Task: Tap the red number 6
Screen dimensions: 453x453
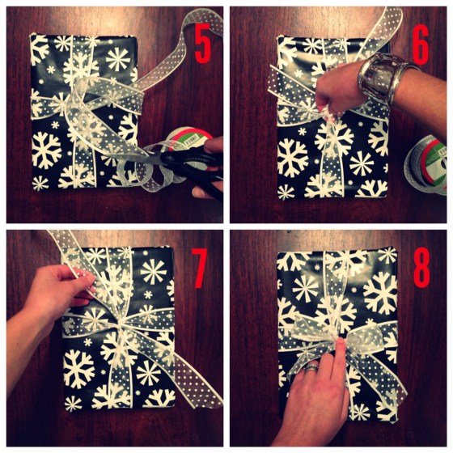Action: (420, 45)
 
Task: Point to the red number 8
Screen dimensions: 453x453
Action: (421, 269)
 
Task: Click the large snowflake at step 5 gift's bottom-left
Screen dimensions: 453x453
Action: (46, 150)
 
